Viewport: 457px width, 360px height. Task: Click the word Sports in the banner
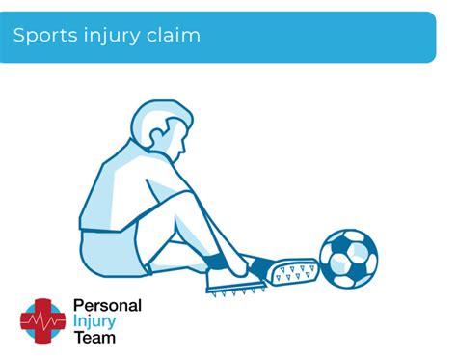(40, 36)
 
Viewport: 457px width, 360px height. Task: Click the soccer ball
(348, 258)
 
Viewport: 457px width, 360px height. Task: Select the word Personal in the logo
(107, 306)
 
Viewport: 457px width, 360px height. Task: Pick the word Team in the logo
(94, 337)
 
